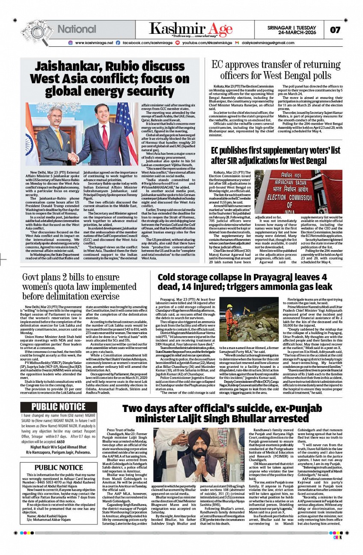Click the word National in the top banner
[x=77, y=29]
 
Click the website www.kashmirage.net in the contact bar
[x=94, y=43]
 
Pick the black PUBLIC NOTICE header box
[x=59, y=407]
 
